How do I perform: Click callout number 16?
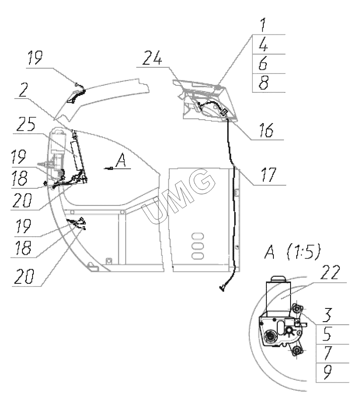pyautogui.click(x=265, y=131)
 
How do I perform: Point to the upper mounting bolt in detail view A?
pyautogui.click(x=298, y=310)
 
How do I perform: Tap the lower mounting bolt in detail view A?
pyautogui.click(x=298, y=350)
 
